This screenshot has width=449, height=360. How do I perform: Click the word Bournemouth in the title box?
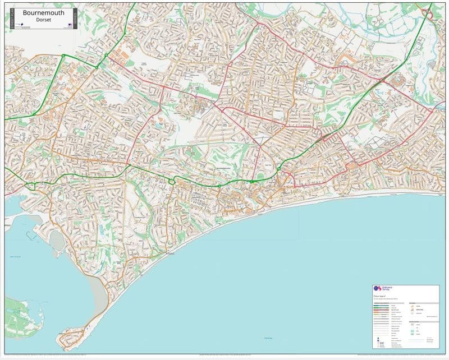coord(43,12)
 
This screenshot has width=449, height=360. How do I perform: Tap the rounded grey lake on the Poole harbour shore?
coord(56,241)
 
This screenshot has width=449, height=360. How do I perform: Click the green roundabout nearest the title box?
coord(63,56)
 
